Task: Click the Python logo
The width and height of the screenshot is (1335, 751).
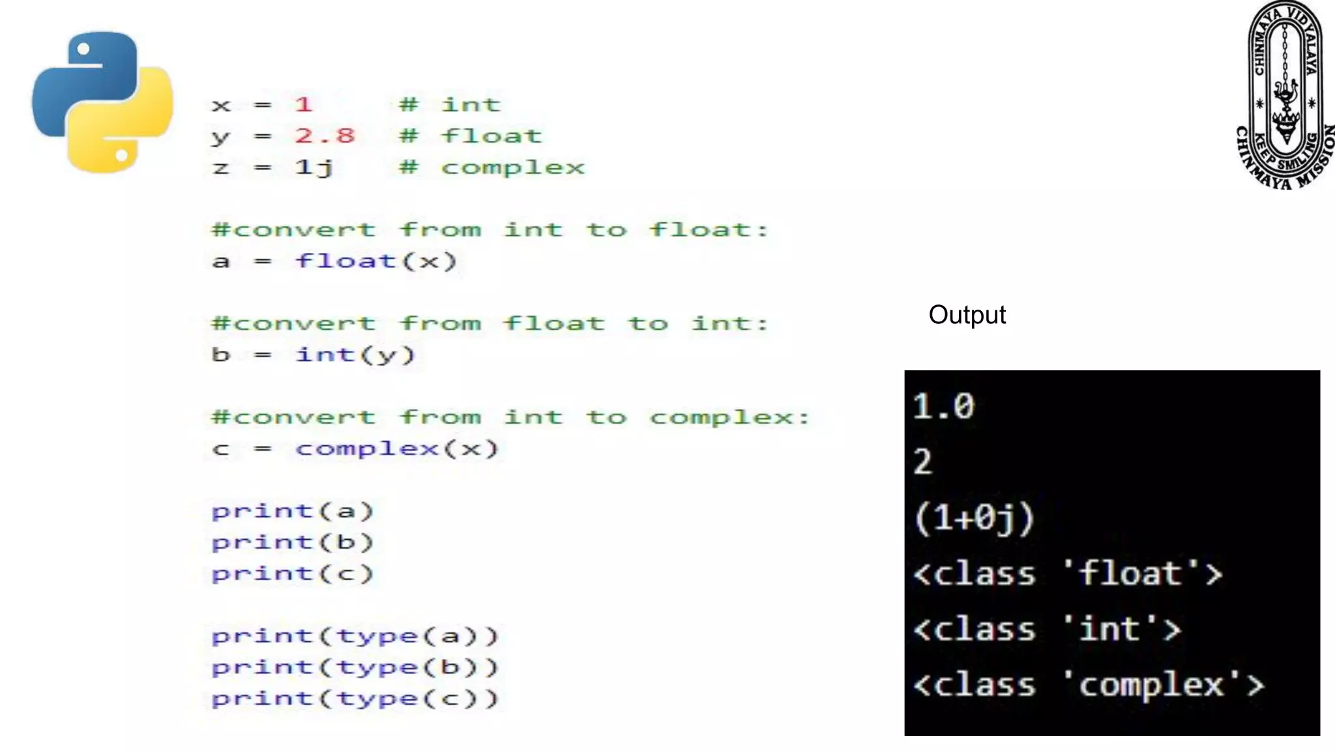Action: click(102, 102)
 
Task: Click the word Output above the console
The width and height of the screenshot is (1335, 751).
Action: click(967, 315)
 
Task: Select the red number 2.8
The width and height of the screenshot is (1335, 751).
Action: click(325, 136)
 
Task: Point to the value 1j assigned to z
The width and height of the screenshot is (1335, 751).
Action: click(314, 168)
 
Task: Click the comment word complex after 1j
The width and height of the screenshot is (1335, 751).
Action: click(513, 168)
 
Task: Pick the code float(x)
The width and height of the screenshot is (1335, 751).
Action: click(376, 261)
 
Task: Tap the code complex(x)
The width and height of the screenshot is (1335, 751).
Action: click(396, 449)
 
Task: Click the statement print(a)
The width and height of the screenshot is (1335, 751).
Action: click(292, 511)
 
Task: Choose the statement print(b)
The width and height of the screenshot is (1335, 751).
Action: click(292, 542)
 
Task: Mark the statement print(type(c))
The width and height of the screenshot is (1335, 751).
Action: click(355, 699)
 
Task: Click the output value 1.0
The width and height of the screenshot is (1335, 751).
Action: click(943, 407)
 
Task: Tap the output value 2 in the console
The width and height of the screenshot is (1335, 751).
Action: click(923, 462)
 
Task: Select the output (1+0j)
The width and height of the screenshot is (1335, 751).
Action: click(974, 518)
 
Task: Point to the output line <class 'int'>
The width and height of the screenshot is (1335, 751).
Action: click(1047, 630)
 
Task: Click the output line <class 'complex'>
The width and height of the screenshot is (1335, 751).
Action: click(1088, 685)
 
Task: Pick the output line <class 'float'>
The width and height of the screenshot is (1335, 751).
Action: click(1067, 574)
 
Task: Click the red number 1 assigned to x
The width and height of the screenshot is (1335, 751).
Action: click(303, 104)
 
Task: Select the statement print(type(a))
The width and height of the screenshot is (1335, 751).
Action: click(355, 636)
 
